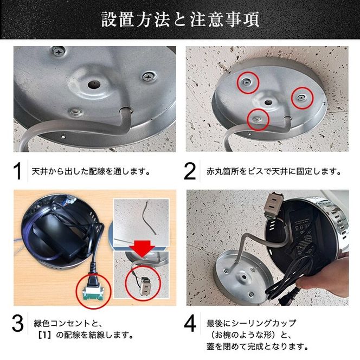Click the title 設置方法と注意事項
tap(180, 20)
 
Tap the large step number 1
tap(18, 171)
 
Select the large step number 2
tap(190, 171)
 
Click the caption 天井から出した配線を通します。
tap(91, 171)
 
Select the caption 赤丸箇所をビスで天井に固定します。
tap(270, 171)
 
